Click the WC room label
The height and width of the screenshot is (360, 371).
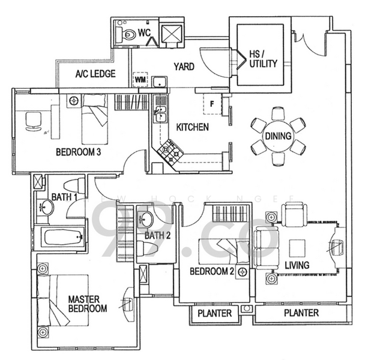[x=143, y=32]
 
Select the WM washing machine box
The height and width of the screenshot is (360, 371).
[x=140, y=79]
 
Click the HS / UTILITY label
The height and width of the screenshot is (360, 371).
[x=264, y=58]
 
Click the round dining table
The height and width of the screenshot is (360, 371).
[x=279, y=136]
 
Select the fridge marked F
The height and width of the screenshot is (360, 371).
[x=213, y=103]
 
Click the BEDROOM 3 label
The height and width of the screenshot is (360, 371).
[x=77, y=152]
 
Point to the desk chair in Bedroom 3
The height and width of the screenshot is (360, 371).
[x=32, y=121]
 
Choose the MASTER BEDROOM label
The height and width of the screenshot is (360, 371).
[x=87, y=304]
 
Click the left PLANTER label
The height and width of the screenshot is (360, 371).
[x=215, y=313]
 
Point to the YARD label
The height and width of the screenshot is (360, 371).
[x=184, y=67]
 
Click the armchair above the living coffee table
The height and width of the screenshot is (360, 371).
[x=294, y=215]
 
